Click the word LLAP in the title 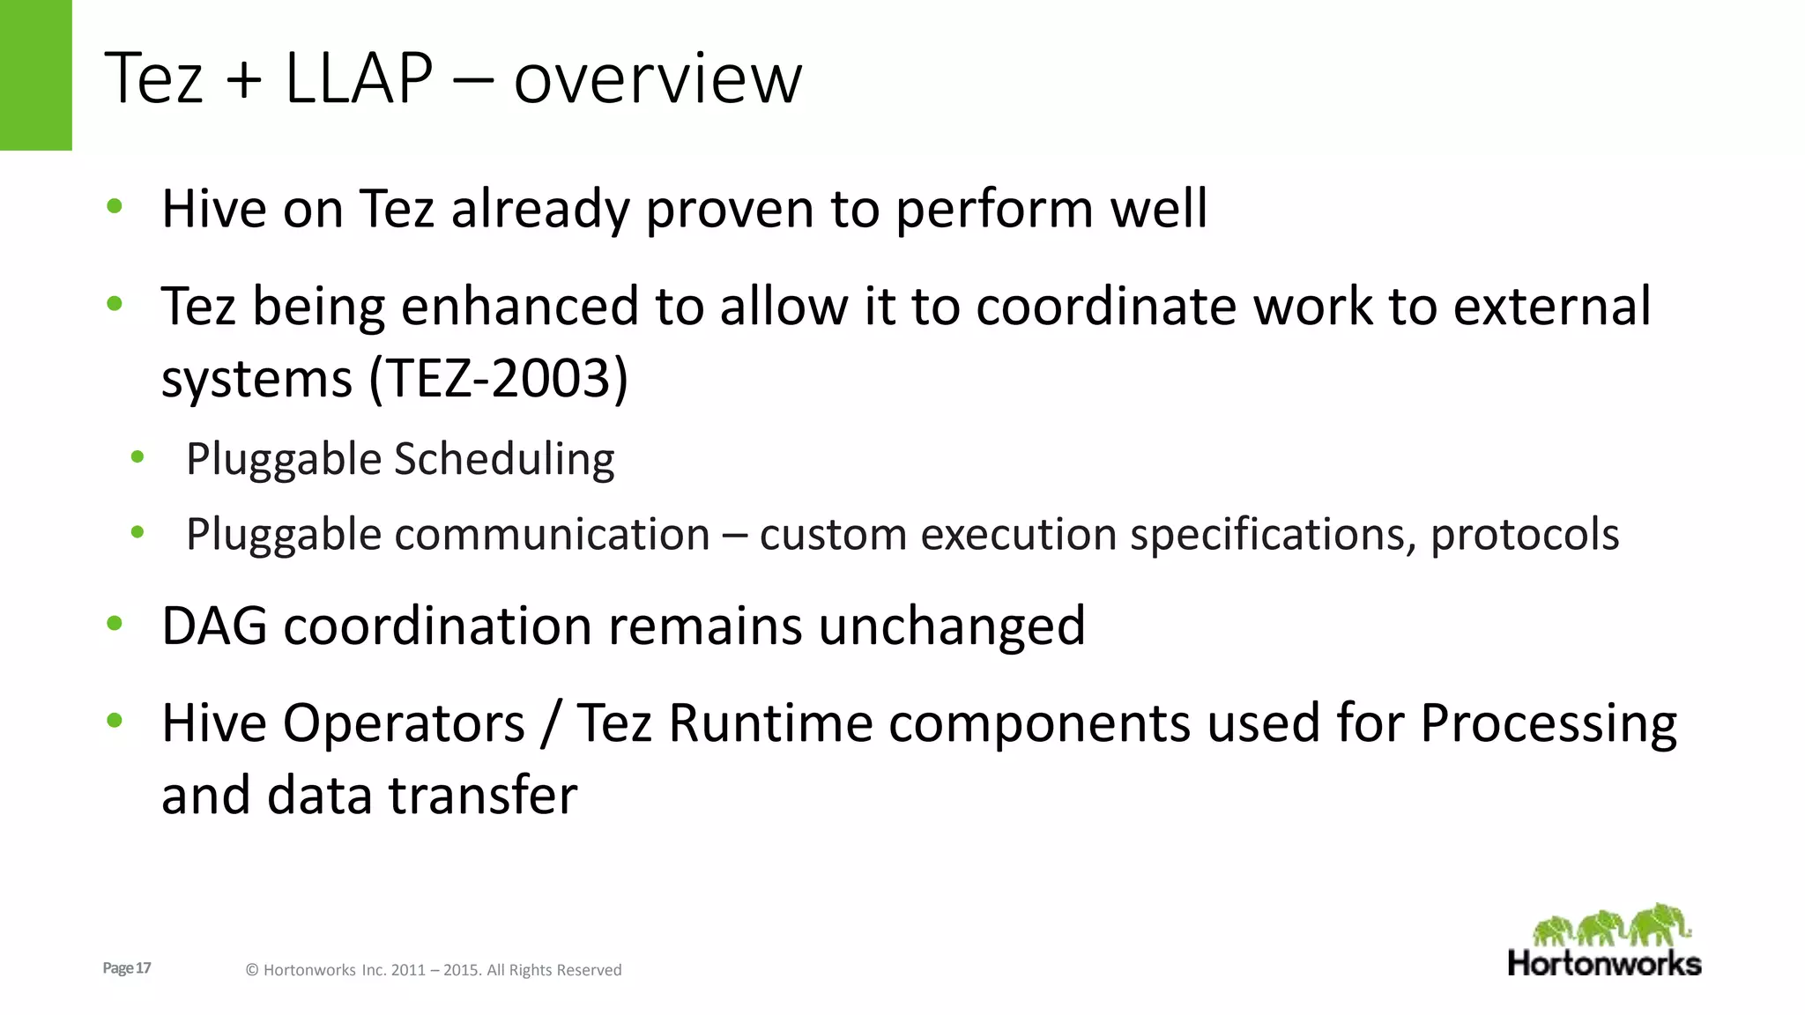pyautogui.click(x=359, y=78)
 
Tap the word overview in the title pyautogui.click(x=657, y=79)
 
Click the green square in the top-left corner pyautogui.click(x=35, y=75)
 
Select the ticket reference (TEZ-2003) pyautogui.click(x=499, y=378)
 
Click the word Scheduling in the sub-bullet pyautogui.click(x=504, y=460)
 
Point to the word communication pyautogui.click(x=552, y=534)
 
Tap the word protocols pyautogui.click(x=1525, y=534)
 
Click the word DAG pyautogui.click(x=214, y=626)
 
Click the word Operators pyautogui.click(x=404, y=722)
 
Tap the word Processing pyautogui.click(x=1549, y=724)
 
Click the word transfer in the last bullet pyautogui.click(x=483, y=795)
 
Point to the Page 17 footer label pyautogui.click(x=127, y=968)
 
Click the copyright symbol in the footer pyautogui.click(x=252, y=970)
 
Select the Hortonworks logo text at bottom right pyautogui.click(x=1604, y=963)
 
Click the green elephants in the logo pyautogui.click(x=1611, y=926)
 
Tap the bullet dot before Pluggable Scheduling pyautogui.click(x=137, y=456)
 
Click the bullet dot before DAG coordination pyautogui.click(x=114, y=624)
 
